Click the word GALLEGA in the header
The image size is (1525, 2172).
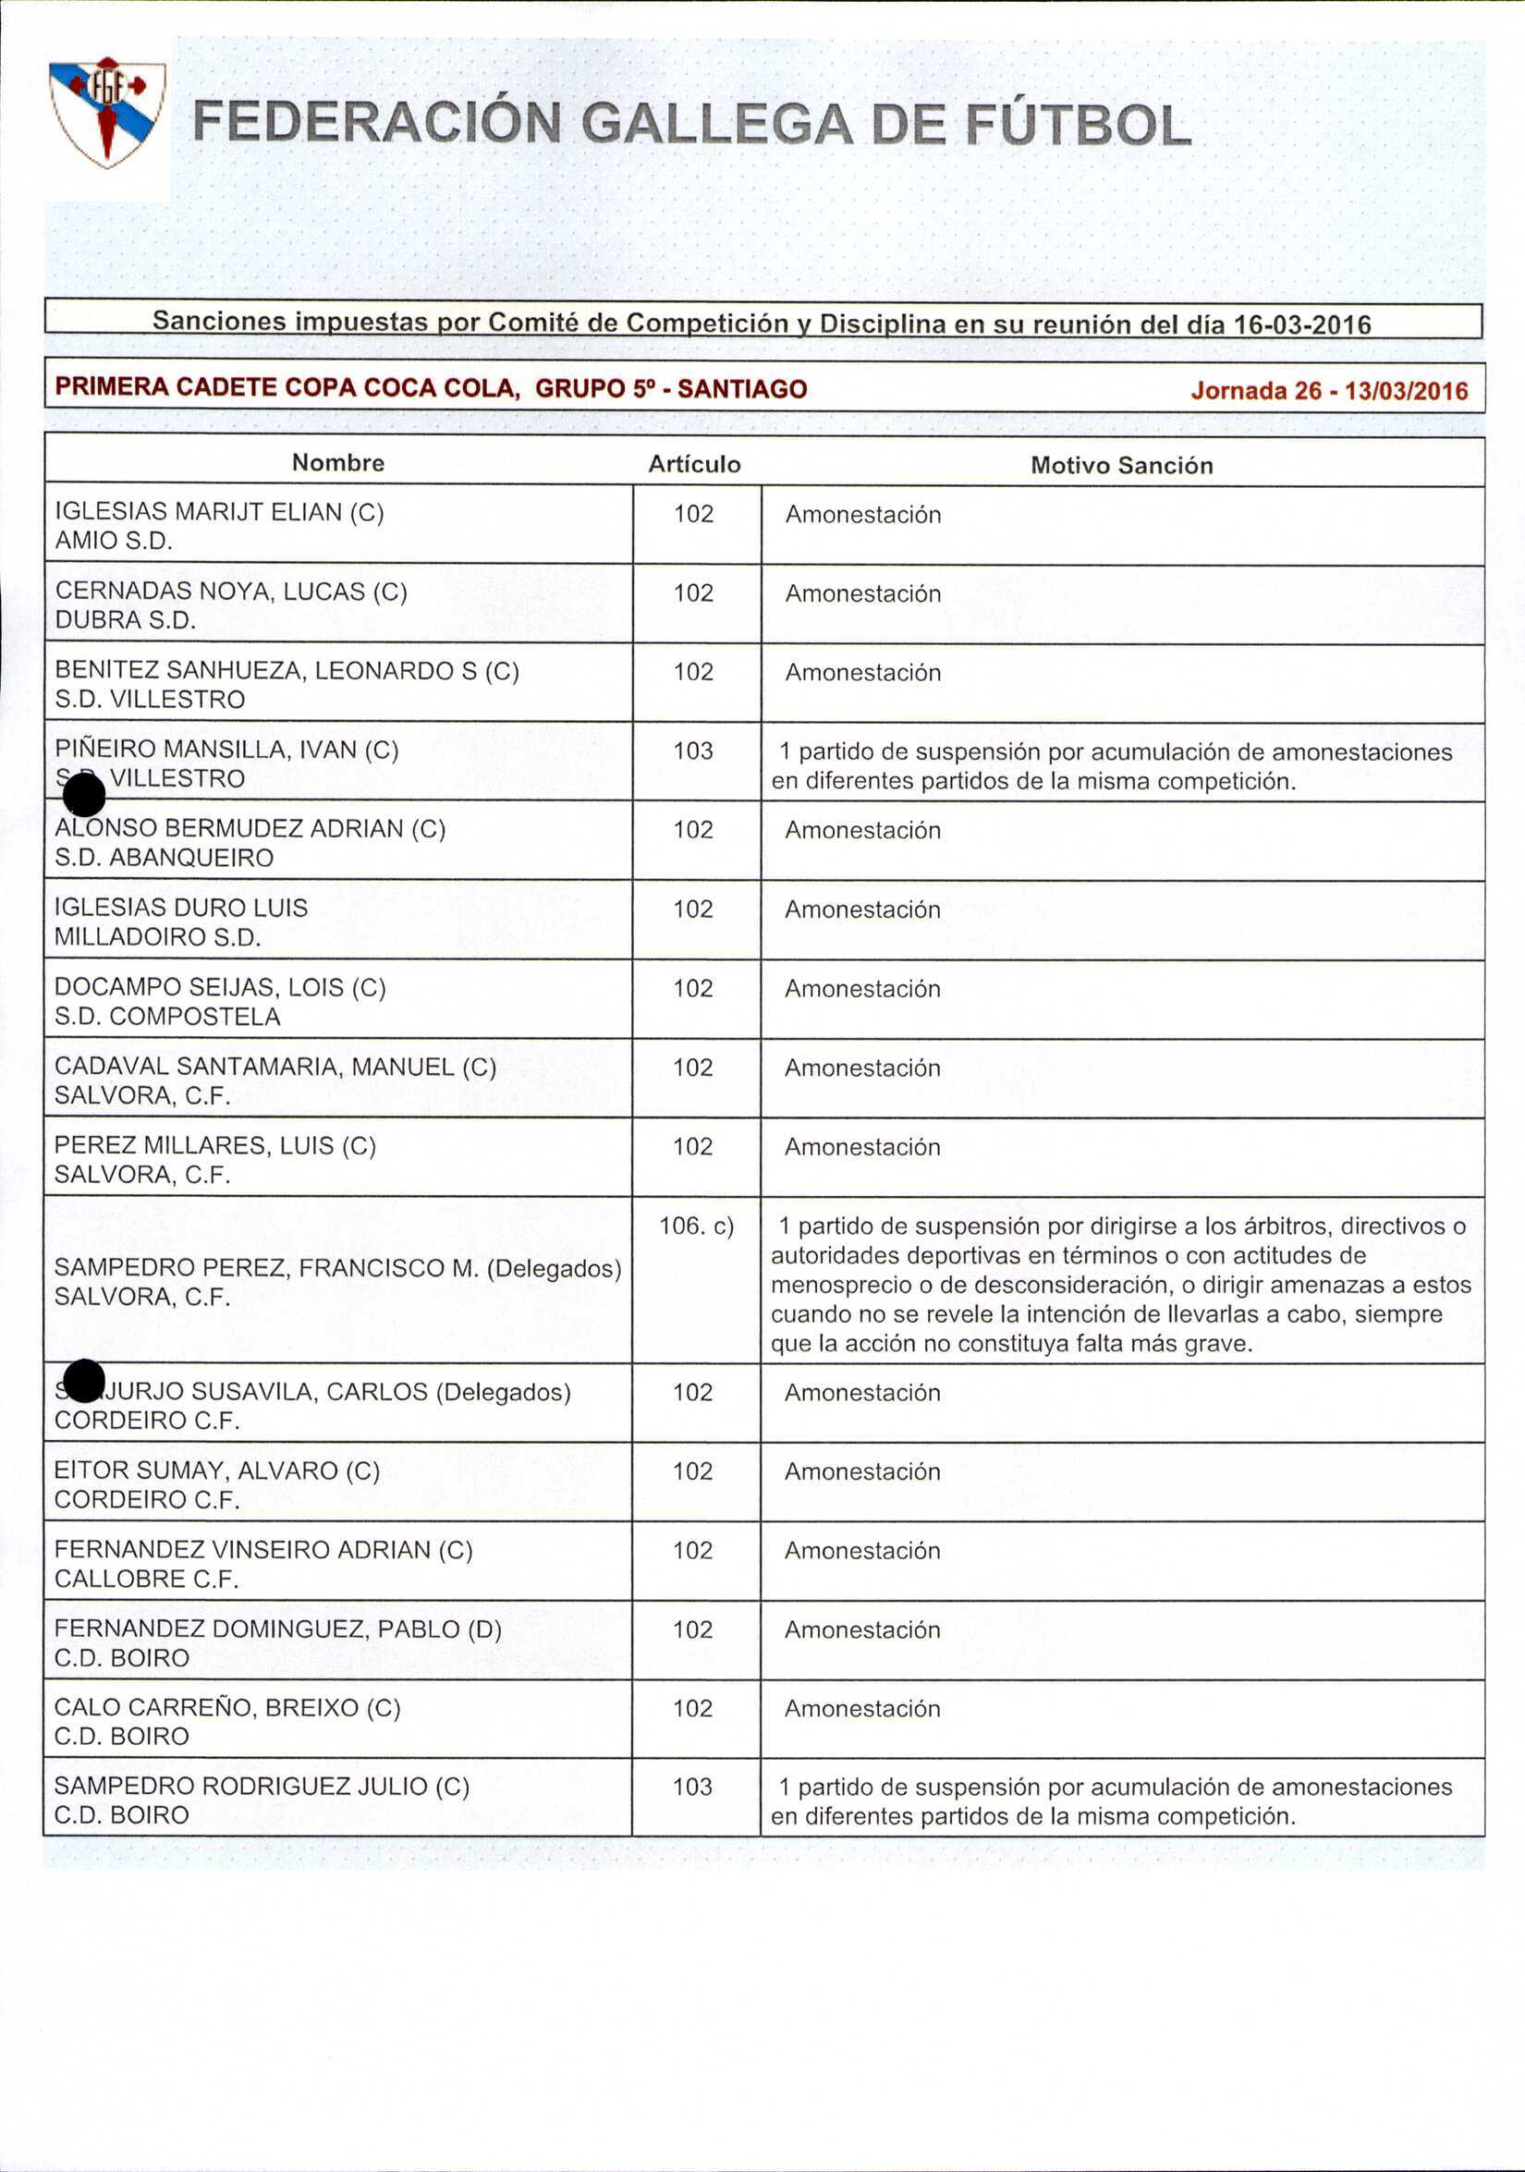716,125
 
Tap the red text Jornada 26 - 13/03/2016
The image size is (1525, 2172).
1328,391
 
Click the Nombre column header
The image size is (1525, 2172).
337,463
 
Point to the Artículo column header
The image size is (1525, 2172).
693,465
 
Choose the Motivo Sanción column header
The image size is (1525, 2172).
1121,466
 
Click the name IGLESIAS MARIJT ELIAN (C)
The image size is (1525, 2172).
219,512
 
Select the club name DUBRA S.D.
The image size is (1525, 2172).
126,620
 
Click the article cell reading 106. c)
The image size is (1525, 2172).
695,1226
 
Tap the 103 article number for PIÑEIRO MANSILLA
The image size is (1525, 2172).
692,750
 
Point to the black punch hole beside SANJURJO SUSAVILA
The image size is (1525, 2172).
84,1381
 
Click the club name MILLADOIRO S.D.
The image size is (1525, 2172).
157,936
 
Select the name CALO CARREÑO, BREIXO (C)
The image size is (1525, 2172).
227,1707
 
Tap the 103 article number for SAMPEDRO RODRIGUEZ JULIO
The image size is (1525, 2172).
691,1786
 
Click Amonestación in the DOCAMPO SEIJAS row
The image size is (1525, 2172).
861,989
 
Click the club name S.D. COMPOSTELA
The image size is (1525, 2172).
167,1016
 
